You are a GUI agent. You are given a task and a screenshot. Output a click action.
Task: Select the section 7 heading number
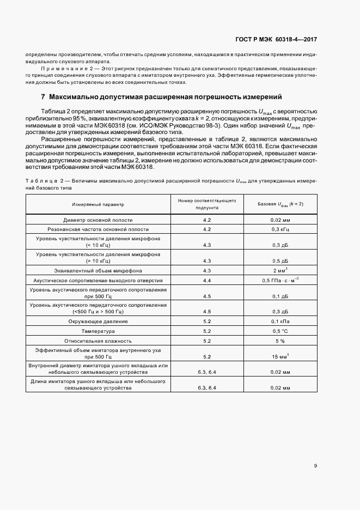click(x=43, y=97)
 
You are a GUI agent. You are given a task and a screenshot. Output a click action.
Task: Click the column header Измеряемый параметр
click(x=98, y=204)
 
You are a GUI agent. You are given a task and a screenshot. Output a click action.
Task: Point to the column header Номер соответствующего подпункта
click(x=206, y=204)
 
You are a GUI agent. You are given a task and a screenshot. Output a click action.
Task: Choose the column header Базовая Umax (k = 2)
click(x=280, y=204)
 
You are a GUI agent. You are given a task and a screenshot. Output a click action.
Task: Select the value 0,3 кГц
click(x=280, y=229)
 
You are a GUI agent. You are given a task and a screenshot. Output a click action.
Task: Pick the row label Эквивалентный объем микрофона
click(x=98, y=270)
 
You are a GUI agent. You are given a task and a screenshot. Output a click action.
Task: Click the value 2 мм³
click(x=280, y=270)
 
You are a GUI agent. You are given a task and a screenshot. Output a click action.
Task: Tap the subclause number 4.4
click(x=206, y=280)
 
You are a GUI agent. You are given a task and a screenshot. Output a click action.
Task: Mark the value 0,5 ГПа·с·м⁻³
click(x=280, y=280)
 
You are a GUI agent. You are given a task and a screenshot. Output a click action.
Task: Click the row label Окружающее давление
click(x=98, y=321)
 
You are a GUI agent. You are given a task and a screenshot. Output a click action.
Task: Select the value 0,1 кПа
click(x=280, y=321)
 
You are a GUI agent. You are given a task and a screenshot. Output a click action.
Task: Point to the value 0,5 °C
click(x=280, y=331)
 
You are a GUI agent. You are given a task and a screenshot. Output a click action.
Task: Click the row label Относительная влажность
click(x=98, y=341)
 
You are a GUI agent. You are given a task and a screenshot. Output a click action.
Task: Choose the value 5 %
click(x=280, y=341)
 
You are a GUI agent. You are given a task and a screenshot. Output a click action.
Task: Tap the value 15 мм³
click(x=280, y=356)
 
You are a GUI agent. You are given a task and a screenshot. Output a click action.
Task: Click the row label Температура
click(x=98, y=331)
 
